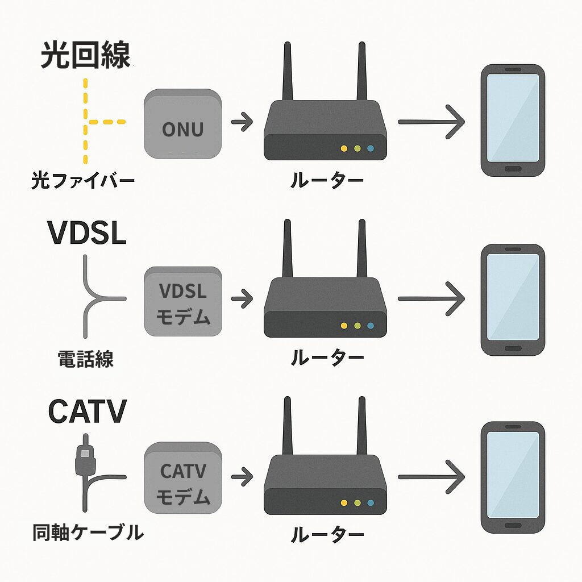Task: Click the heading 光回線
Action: coord(85,55)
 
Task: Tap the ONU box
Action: coord(182,124)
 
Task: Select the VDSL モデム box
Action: coord(182,301)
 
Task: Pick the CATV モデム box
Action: coord(182,479)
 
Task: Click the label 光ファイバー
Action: coord(82,181)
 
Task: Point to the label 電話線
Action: coord(85,359)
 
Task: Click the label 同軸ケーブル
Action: coord(86,533)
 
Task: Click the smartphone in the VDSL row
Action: coord(513,300)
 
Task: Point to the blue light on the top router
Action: coord(371,148)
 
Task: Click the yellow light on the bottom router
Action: coord(343,503)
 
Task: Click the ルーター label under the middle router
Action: coord(327,357)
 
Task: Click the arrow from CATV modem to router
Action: coord(242,476)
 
